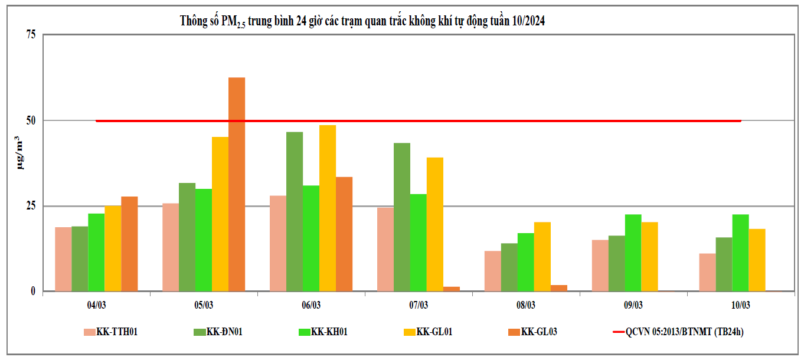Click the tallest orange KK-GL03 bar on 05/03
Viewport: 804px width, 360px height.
237,184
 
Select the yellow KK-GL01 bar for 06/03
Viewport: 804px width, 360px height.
328,208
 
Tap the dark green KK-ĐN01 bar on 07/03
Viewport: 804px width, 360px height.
402,217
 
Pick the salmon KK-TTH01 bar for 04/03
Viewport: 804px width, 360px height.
63,259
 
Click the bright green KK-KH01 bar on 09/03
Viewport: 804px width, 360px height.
633,253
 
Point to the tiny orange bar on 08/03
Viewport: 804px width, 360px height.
559,288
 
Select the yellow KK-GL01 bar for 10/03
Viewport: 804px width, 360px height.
757,260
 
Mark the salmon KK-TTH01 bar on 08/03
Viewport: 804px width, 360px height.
493,271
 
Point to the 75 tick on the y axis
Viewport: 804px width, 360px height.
31,35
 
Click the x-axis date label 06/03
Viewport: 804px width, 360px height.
311,305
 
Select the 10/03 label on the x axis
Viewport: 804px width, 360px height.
740,305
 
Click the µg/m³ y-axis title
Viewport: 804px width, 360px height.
21,153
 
